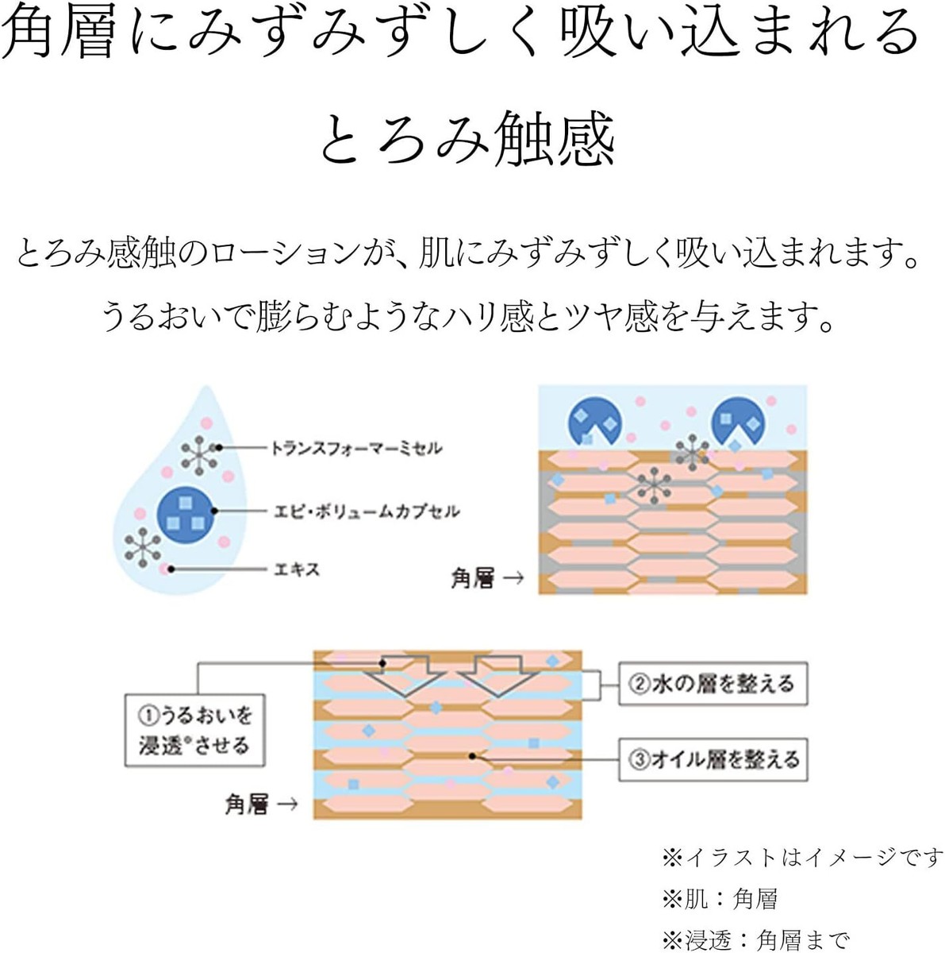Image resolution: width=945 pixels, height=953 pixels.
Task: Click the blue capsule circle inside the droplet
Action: [x=186, y=511]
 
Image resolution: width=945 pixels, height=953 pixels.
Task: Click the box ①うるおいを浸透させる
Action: [x=194, y=731]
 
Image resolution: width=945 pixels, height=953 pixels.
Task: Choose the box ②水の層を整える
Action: [x=712, y=684]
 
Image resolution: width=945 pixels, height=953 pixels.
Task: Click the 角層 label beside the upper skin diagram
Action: [x=473, y=578]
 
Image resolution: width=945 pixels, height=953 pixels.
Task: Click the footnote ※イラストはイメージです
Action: [x=801, y=858]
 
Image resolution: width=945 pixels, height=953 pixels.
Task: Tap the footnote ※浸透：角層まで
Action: [x=755, y=940]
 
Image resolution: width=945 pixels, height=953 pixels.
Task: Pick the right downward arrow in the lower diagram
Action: [x=501, y=676]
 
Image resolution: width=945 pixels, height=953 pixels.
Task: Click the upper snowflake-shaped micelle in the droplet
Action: [x=199, y=454]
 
